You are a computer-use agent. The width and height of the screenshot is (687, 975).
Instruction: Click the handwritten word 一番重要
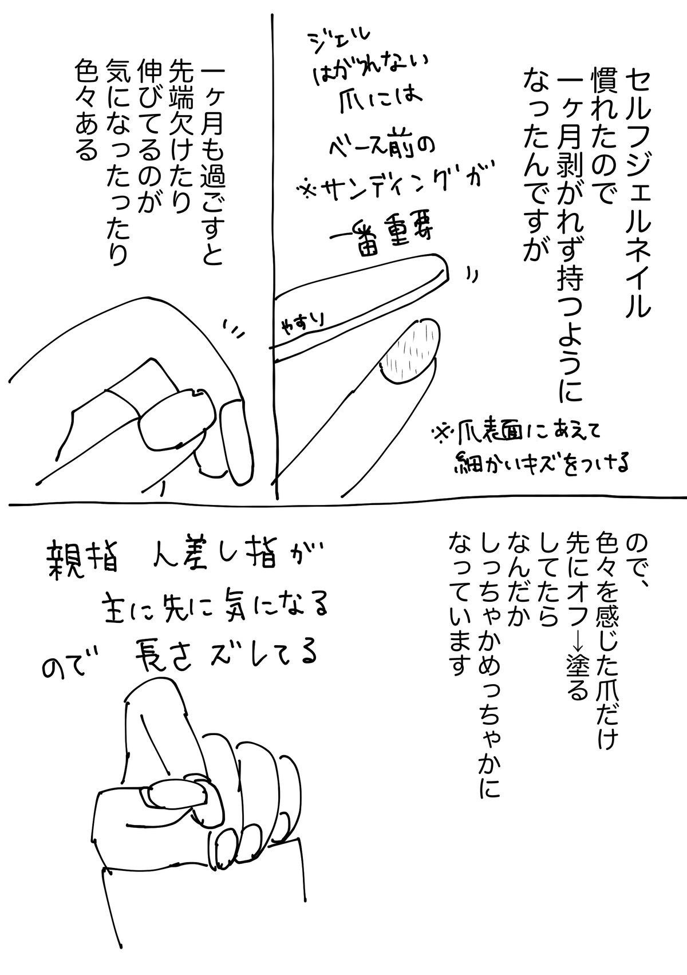click(x=381, y=239)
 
